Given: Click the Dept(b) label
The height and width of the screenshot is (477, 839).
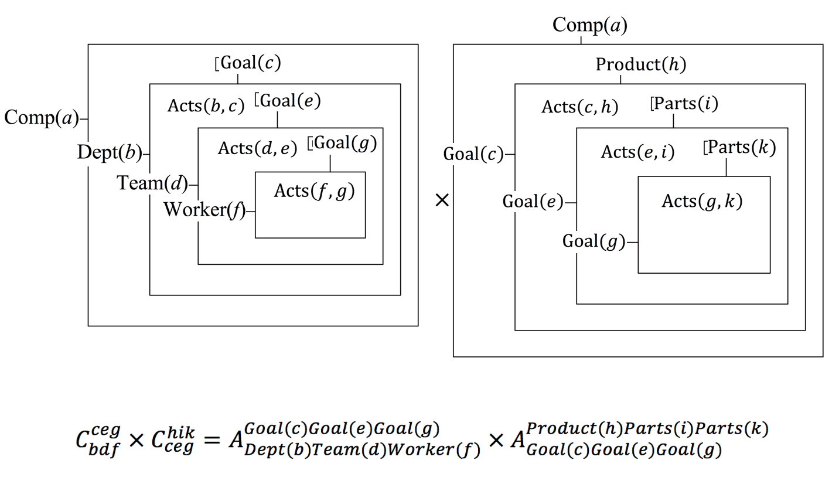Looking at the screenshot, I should tap(110, 154).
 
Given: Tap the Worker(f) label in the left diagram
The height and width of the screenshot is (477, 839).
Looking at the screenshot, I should tap(204, 209).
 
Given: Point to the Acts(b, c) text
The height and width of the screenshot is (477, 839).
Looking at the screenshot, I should tap(206, 105).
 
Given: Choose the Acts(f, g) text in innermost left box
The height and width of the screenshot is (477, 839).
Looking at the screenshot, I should tap(314, 191).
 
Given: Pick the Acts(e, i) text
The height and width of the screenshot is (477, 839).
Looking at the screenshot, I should tap(638, 152).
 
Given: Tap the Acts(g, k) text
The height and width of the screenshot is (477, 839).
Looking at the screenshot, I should tap(702, 201).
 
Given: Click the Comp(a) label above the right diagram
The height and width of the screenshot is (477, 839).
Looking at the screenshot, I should tap(589, 25).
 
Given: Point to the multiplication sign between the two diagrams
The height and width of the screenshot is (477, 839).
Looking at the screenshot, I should tap(442, 200).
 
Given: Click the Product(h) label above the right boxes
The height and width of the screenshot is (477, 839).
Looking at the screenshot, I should tap(640, 64).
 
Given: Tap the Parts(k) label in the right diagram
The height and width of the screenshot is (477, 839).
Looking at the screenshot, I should tap(740, 148).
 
